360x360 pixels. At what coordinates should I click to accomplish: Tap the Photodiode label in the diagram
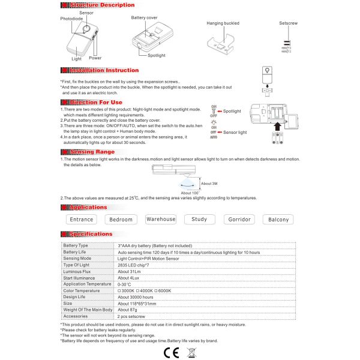(x=71, y=19)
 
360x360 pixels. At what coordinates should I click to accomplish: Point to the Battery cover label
(x=144, y=18)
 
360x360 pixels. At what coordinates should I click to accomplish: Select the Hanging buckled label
(x=222, y=23)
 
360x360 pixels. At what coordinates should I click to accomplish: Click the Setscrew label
(x=288, y=23)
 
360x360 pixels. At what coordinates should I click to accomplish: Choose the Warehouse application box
(x=161, y=220)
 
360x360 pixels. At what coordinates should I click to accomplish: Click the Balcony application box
(x=278, y=220)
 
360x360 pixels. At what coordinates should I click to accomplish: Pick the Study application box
(x=199, y=220)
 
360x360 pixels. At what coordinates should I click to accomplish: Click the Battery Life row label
(x=76, y=253)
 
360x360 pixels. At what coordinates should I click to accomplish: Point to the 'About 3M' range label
(x=209, y=184)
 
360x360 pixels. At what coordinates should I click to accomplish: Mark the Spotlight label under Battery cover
(x=157, y=55)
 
